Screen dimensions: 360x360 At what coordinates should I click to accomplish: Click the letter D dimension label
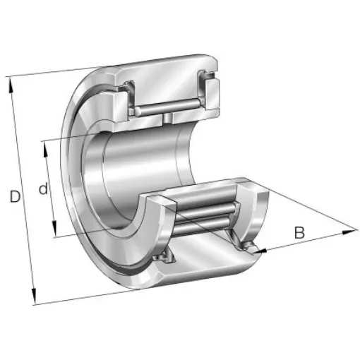point(15,198)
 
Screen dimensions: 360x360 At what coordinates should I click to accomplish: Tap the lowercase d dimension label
point(44,189)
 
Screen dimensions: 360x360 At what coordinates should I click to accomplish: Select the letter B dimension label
point(299,232)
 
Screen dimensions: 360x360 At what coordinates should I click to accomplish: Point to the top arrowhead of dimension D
point(11,79)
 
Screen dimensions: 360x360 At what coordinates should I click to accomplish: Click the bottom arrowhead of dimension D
point(32,300)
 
